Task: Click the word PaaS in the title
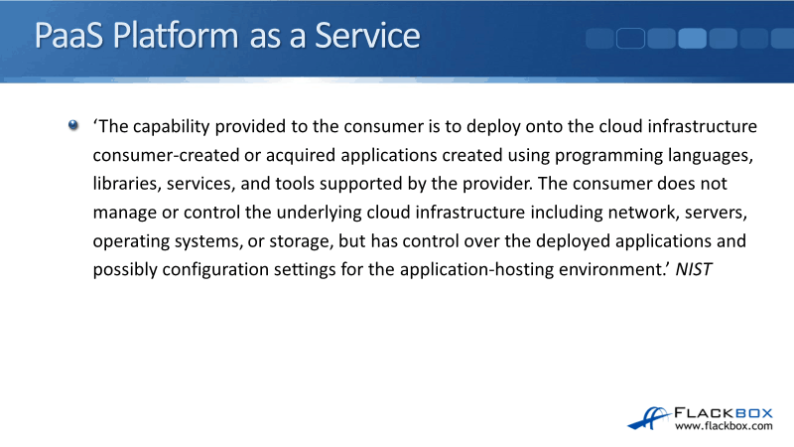pyautogui.click(x=68, y=36)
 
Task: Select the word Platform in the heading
pyautogui.click(x=176, y=36)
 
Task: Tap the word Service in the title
pyautogui.click(x=367, y=36)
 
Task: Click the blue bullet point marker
pyautogui.click(x=73, y=125)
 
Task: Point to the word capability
pyautogui.click(x=171, y=127)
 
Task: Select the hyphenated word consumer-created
pyautogui.click(x=166, y=155)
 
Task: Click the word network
pyautogui.click(x=643, y=213)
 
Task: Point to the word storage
pyautogui.click(x=301, y=241)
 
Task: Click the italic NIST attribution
pyautogui.click(x=694, y=269)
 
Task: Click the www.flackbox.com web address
pyautogui.click(x=724, y=426)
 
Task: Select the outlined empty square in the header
pyautogui.click(x=630, y=39)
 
